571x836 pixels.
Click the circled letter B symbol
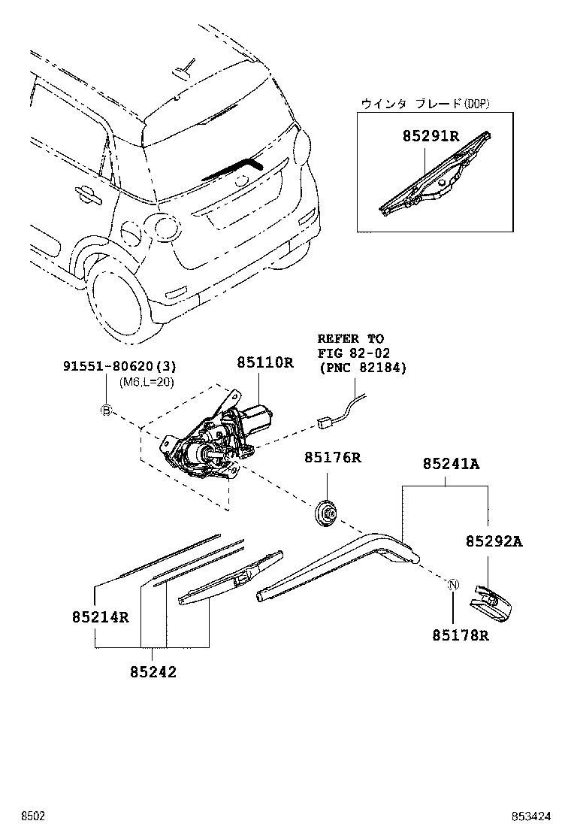click(107, 410)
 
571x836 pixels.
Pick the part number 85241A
click(449, 464)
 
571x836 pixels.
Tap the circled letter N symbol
click(454, 586)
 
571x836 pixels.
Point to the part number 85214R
click(101, 617)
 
